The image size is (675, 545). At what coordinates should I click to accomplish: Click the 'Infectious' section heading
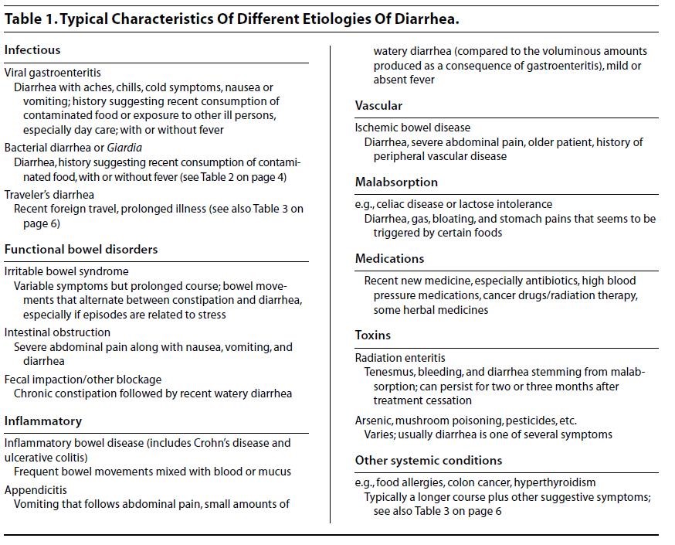[x=32, y=50]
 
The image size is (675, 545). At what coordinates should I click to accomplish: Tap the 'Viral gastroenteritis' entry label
[x=53, y=73]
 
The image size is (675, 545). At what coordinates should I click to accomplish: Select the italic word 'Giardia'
[x=124, y=147]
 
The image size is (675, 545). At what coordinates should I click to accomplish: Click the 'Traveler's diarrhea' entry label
[x=49, y=195]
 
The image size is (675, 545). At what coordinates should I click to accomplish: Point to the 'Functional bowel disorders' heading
[x=81, y=250]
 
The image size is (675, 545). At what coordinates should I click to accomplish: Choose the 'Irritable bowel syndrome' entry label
[x=66, y=271]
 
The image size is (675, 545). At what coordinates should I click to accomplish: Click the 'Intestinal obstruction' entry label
[x=57, y=332]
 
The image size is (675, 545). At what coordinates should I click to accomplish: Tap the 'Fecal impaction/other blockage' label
[x=83, y=380]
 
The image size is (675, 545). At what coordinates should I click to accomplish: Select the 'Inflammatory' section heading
[x=43, y=421]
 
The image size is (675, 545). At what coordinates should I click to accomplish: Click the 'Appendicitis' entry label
[x=36, y=490]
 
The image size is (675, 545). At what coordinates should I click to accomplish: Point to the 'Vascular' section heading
[x=378, y=106]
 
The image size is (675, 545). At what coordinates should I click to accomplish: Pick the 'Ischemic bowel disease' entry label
[x=412, y=128]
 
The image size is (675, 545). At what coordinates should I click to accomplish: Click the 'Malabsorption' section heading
[x=396, y=182]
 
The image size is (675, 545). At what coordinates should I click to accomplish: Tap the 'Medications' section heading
[x=389, y=258]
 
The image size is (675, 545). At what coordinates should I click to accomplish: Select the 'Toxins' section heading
[x=373, y=336]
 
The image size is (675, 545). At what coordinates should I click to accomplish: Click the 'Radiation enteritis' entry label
[x=400, y=358]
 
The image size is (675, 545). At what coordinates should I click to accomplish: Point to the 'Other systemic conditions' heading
[x=429, y=461]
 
